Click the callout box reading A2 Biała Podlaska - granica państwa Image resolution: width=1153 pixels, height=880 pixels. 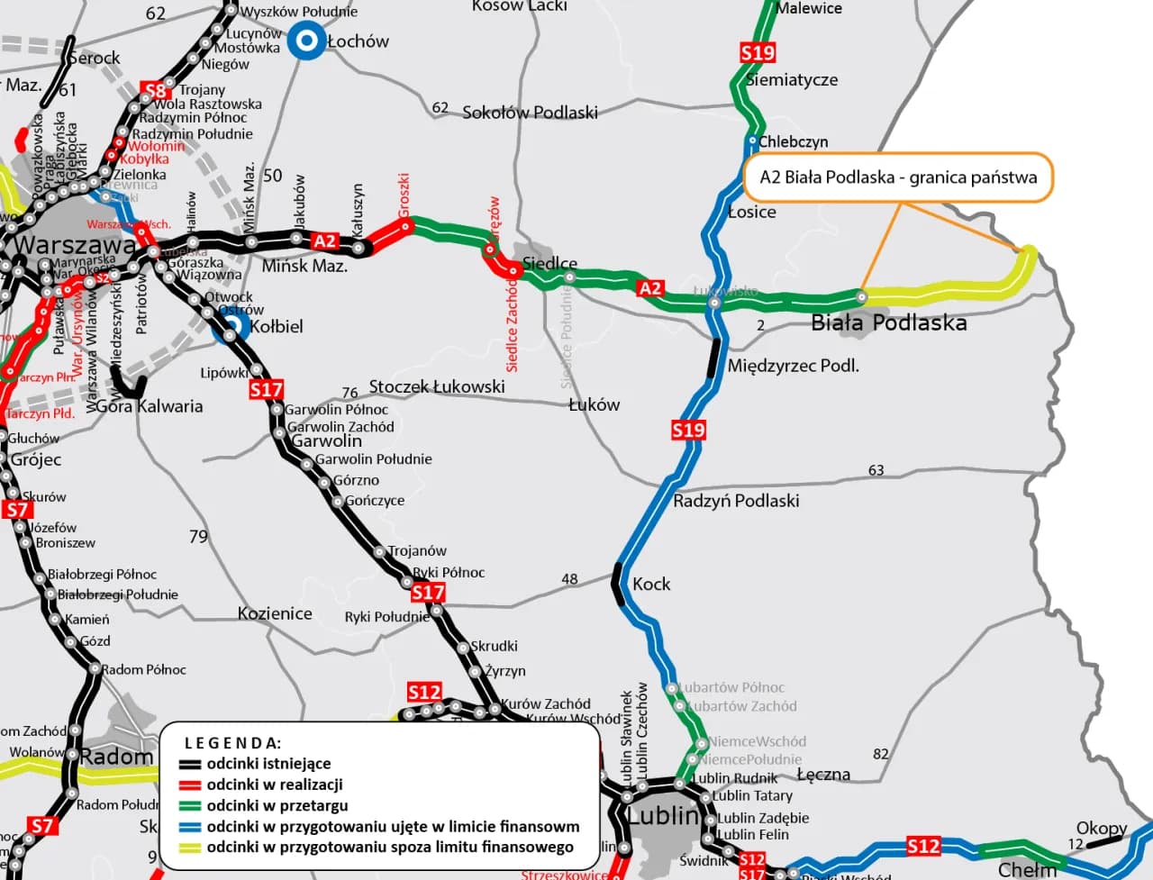point(898,177)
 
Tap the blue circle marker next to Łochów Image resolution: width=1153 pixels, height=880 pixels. point(306,41)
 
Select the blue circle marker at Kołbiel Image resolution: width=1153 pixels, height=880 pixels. point(232,327)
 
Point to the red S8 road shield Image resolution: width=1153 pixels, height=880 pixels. point(155,90)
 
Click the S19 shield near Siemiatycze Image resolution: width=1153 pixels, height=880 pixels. point(758,52)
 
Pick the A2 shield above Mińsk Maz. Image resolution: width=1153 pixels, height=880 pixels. point(324,240)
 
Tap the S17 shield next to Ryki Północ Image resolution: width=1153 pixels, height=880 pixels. point(428,592)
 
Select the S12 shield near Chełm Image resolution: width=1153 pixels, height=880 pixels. point(923,846)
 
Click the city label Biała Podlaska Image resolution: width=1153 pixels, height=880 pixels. point(888,322)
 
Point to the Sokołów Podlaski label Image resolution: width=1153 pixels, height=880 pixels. point(530,113)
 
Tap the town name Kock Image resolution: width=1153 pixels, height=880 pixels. point(651,584)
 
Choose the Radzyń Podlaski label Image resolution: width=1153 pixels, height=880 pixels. point(736,501)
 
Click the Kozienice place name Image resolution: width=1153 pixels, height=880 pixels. point(275,613)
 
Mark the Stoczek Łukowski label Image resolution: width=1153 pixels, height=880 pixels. point(437,386)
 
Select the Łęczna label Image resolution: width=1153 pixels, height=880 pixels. point(823,775)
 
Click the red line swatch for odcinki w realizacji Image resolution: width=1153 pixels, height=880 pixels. point(189,785)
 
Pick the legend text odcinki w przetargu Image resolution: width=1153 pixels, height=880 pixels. point(277,805)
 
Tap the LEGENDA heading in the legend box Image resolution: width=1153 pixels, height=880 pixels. point(232,743)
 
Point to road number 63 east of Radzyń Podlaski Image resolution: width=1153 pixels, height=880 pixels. point(876,470)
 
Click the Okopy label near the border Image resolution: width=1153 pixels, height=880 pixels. point(1102,828)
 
